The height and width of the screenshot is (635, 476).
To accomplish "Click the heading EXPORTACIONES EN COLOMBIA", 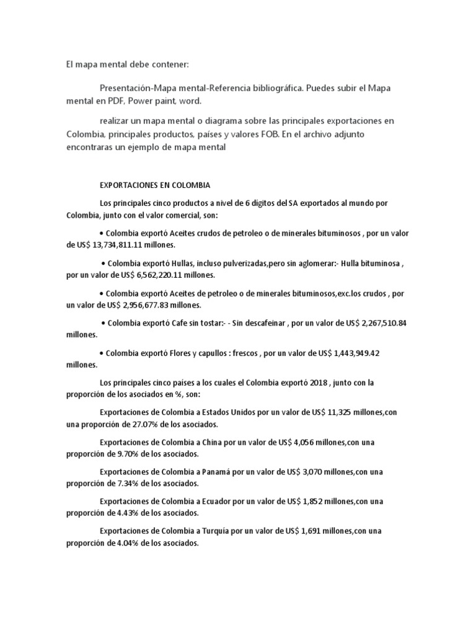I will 155,185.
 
